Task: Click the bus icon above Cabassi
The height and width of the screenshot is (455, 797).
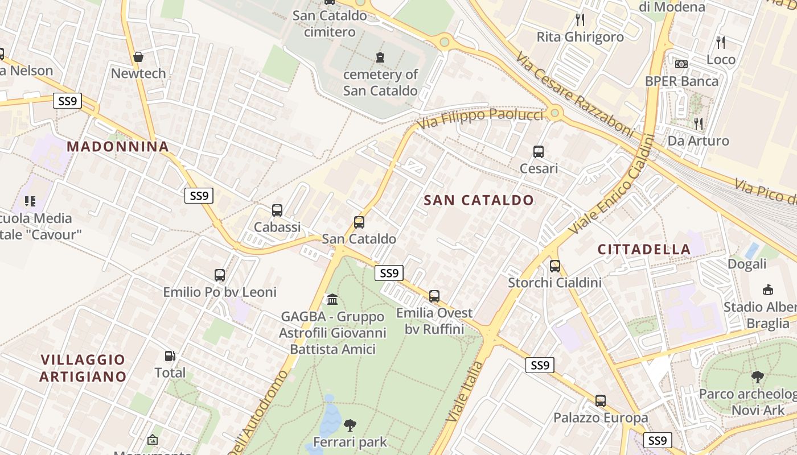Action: point(277,210)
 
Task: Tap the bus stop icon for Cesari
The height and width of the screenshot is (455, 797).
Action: point(539,152)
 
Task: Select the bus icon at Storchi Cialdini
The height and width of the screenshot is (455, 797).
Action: point(555,266)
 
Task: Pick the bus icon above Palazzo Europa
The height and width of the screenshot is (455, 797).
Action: point(601,400)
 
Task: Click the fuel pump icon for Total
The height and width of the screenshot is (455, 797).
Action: point(170,356)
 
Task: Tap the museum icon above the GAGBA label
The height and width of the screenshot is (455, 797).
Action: point(332,299)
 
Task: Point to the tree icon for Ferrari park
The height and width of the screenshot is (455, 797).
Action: point(350,425)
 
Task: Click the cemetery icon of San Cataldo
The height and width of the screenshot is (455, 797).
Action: point(380,57)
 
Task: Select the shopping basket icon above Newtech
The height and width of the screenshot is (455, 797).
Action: point(138,56)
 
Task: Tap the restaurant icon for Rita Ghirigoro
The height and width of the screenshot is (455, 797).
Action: point(580,20)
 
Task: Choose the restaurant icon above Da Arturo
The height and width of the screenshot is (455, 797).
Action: point(699,123)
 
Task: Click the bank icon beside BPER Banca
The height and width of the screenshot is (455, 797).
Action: point(681,64)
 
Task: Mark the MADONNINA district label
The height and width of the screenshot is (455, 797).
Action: point(118,147)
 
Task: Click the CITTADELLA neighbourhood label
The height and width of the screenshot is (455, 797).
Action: point(644,249)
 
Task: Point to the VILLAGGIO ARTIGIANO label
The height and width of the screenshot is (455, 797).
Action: point(83,368)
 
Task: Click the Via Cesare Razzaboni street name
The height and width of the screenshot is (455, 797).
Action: point(575,94)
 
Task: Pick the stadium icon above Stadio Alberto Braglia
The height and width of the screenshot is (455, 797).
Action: point(768,289)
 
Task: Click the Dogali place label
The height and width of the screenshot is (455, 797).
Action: point(747,264)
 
